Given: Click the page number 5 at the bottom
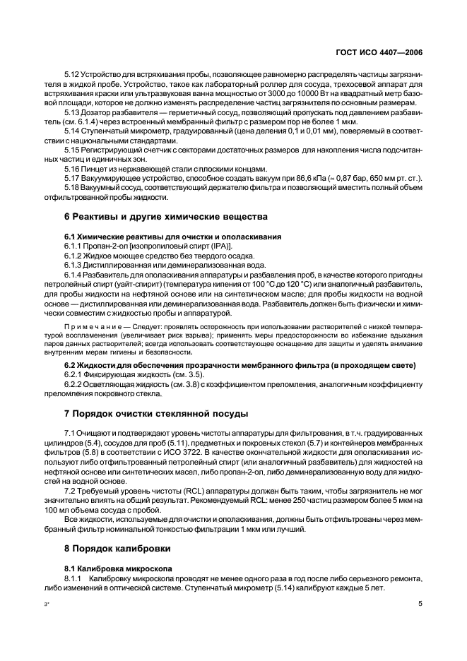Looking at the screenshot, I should [x=420, y=604].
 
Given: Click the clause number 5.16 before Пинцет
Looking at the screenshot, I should [x=72, y=169].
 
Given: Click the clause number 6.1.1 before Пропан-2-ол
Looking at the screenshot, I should [x=74, y=244].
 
